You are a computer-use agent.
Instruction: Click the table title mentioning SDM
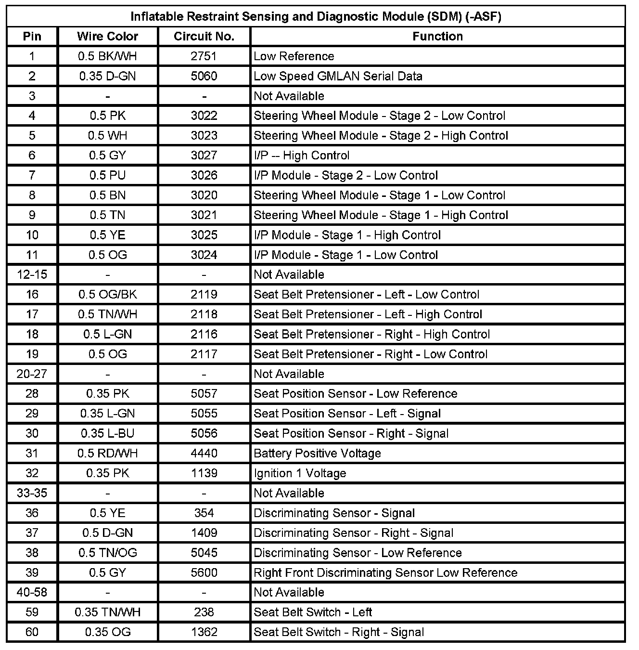(316, 16)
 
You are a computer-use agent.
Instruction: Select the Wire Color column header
(107, 37)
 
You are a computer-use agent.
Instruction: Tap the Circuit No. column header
(204, 37)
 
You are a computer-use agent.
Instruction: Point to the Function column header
(437, 37)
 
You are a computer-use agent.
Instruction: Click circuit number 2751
(204, 56)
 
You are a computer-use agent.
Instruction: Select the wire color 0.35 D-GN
(107, 76)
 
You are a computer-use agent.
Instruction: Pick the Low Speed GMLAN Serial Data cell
(338, 76)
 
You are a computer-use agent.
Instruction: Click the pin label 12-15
(32, 274)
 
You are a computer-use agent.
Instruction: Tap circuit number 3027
(204, 156)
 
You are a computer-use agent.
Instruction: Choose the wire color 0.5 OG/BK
(107, 295)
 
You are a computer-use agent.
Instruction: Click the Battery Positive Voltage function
(317, 454)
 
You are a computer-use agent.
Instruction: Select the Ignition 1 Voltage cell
(300, 473)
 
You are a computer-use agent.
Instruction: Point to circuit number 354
(204, 513)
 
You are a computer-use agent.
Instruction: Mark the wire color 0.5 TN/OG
(107, 553)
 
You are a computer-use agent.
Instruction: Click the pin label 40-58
(32, 592)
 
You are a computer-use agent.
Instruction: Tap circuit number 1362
(204, 632)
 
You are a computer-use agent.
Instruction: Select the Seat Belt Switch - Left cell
(313, 612)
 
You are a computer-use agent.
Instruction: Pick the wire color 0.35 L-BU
(107, 433)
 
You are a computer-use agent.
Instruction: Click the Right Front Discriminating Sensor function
(385, 572)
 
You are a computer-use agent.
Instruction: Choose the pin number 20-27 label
(32, 374)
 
